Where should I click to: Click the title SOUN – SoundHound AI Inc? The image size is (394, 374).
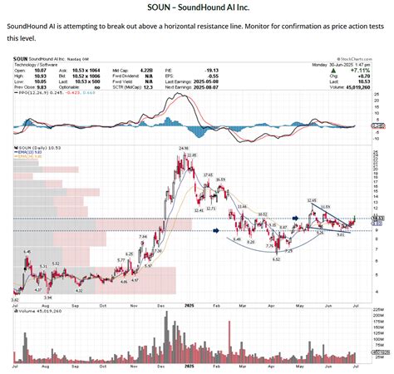click(x=196, y=7)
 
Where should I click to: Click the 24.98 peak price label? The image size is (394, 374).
click(x=182, y=148)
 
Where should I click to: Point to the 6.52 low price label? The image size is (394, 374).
click(x=275, y=259)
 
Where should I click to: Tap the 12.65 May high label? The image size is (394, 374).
click(x=312, y=200)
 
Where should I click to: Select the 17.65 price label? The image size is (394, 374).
click(x=208, y=175)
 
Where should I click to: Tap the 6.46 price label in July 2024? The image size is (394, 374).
click(x=27, y=251)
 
